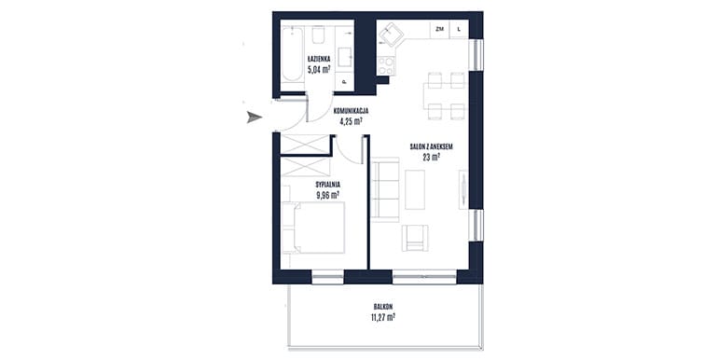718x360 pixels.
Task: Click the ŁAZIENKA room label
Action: click(x=319, y=59)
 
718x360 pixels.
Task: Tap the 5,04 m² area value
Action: click(x=319, y=69)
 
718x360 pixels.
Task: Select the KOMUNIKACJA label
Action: click(x=352, y=111)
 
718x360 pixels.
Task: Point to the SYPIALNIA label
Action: click(x=327, y=185)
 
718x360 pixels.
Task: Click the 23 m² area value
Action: click(x=432, y=157)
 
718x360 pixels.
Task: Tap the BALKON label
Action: click(x=383, y=307)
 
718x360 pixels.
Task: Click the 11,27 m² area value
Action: click(x=383, y=316)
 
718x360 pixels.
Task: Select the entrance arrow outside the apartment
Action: click(x=255, y=118)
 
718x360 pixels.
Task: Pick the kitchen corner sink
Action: click(x=390, y=35)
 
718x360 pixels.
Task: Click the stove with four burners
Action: click(x=386, y=65)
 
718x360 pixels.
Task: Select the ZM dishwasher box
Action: click(x=439, y=29)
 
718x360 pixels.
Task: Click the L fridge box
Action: click(x=460, y=29)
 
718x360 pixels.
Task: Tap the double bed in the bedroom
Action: click(x=313, y=228)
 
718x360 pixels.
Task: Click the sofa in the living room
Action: click(x=385, y=189)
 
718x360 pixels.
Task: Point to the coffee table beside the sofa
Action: click(x=415, y=189)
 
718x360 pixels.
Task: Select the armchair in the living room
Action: click(x=415, y=238)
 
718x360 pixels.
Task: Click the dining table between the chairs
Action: click(x=444, y=96)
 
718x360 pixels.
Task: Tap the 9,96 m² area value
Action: click(x=327, y=195)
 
